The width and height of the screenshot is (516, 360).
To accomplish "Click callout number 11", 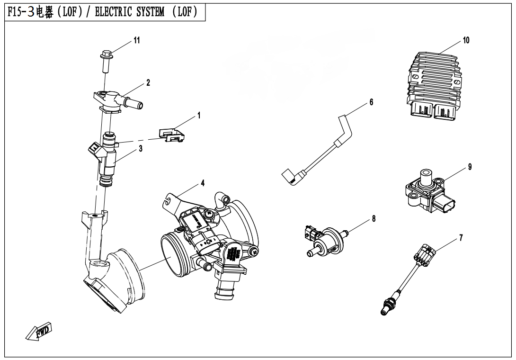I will click(x=136, y=41).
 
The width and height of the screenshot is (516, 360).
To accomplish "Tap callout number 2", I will click(x=148, y=82).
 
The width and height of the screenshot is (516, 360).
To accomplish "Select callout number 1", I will click(x=199, y=115).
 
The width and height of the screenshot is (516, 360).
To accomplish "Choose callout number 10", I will click(x=466, y=41).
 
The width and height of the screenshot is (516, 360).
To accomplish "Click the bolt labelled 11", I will click(x=105, y=59).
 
